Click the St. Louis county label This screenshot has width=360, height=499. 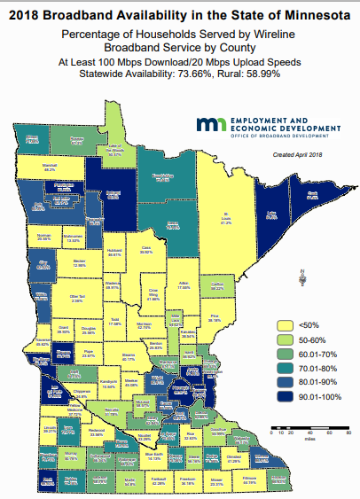pos(227,218)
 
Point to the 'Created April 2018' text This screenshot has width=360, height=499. pos(300,155)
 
